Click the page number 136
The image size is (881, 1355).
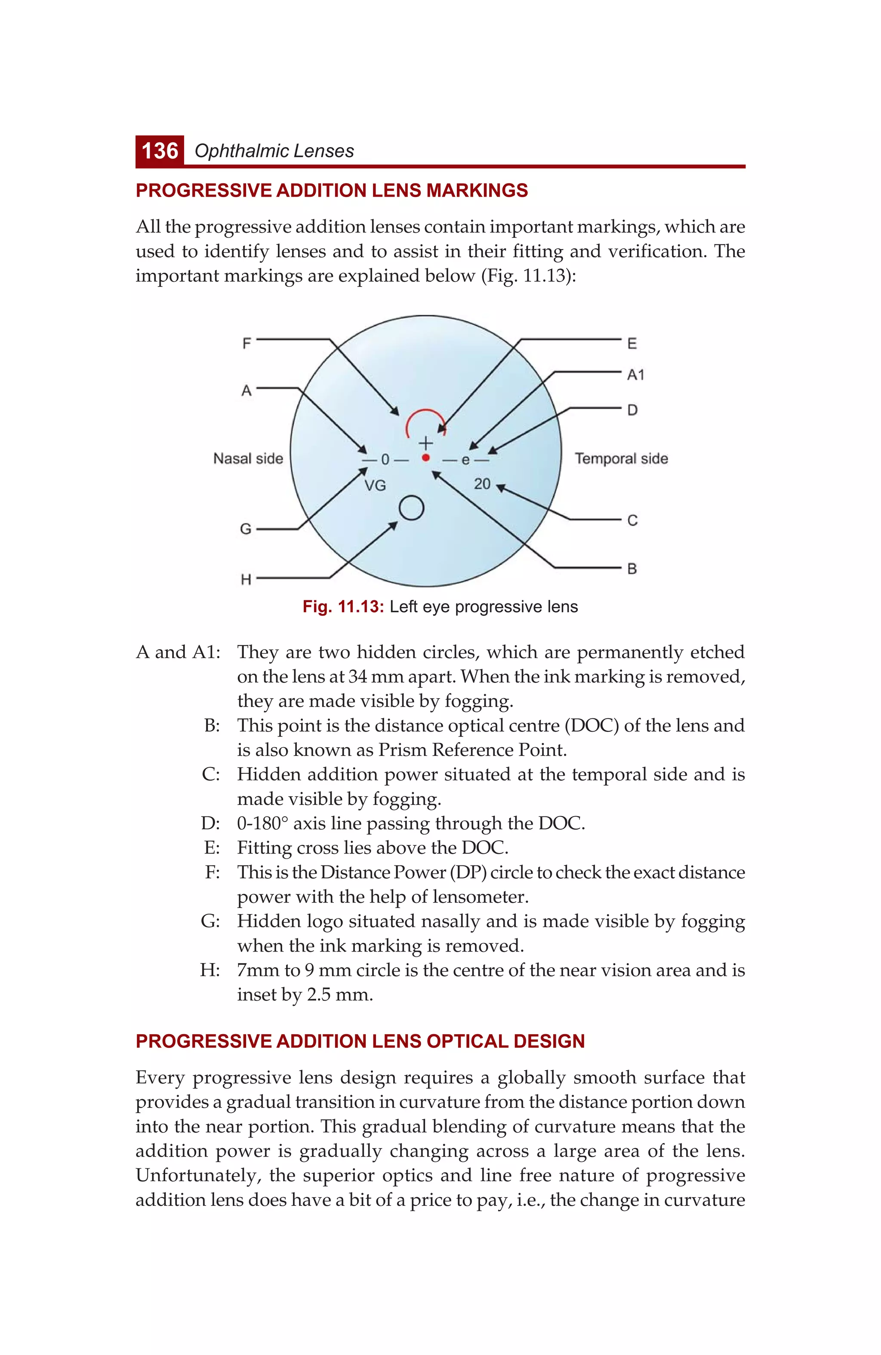(160, 151)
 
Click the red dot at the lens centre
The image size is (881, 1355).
(426, 458)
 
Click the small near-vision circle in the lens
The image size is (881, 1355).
(411, 508)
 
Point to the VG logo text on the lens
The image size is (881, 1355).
(375, 486)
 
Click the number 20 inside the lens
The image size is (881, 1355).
(482, 484)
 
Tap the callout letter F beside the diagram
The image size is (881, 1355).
(246, 344)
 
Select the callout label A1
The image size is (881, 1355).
(635, 375)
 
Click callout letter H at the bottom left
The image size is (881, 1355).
(246, 579)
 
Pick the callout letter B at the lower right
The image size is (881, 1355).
(632, 569)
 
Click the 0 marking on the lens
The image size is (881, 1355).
(385, 459)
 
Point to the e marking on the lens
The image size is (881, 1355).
(465, 460)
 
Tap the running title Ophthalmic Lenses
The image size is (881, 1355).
(274, 151)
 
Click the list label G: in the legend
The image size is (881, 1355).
(210, 921)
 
